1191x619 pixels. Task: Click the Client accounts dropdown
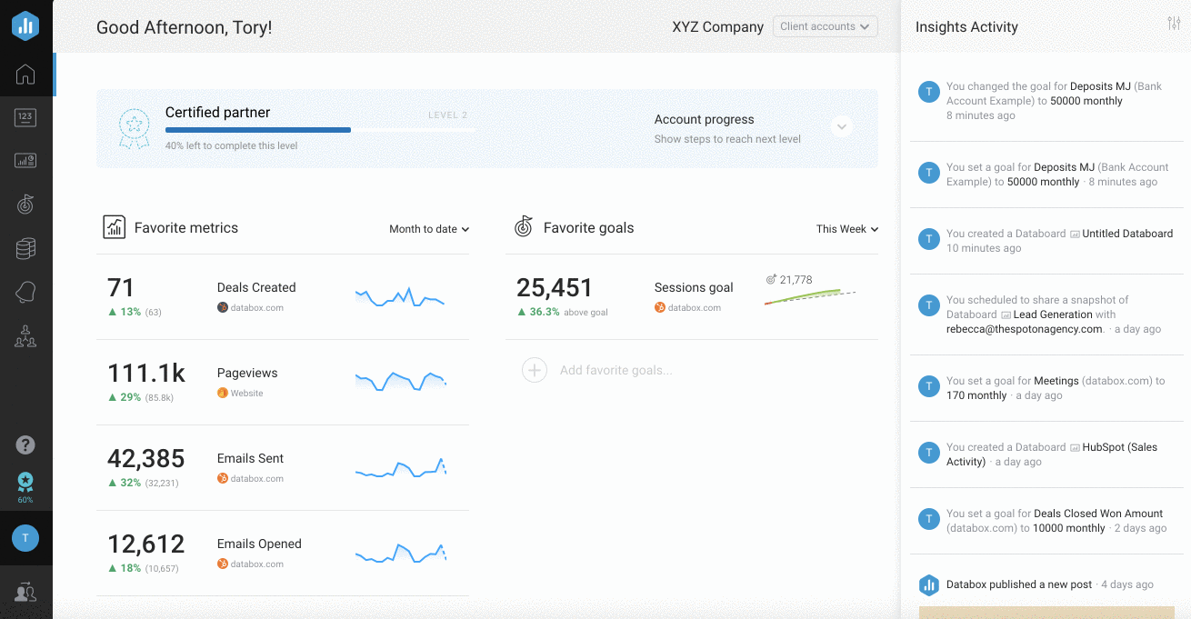[x=825, y=26]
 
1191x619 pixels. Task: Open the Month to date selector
[x=429, y=229]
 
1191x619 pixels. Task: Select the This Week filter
[x=846, y=229]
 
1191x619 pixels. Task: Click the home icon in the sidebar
[x=25, y=75]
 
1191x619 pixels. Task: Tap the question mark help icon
[x=25, y=444]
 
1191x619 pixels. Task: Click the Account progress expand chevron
[x=842, y=127]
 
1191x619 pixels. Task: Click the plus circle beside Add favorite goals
[x=535, y=370]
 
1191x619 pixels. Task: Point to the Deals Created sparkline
[x=400, y=297]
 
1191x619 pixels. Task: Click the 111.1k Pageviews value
[x=146, y=374]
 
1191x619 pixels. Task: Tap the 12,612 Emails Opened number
[x=145, y=544]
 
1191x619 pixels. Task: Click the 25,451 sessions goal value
[x=555, y=288]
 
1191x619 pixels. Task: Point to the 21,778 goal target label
[x=795, y=280]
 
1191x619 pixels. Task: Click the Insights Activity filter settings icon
[x=1174, y=24]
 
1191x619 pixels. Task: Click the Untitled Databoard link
[x=1127, y=234]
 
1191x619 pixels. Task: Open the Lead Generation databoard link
[x=1053, y=314]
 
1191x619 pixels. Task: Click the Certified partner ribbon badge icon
[x=135, y=129]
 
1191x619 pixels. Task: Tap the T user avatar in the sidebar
[x=25, y=538]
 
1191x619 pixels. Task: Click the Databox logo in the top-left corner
[x=25, y=25]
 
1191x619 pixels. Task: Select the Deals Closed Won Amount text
[x=1098, y=514]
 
